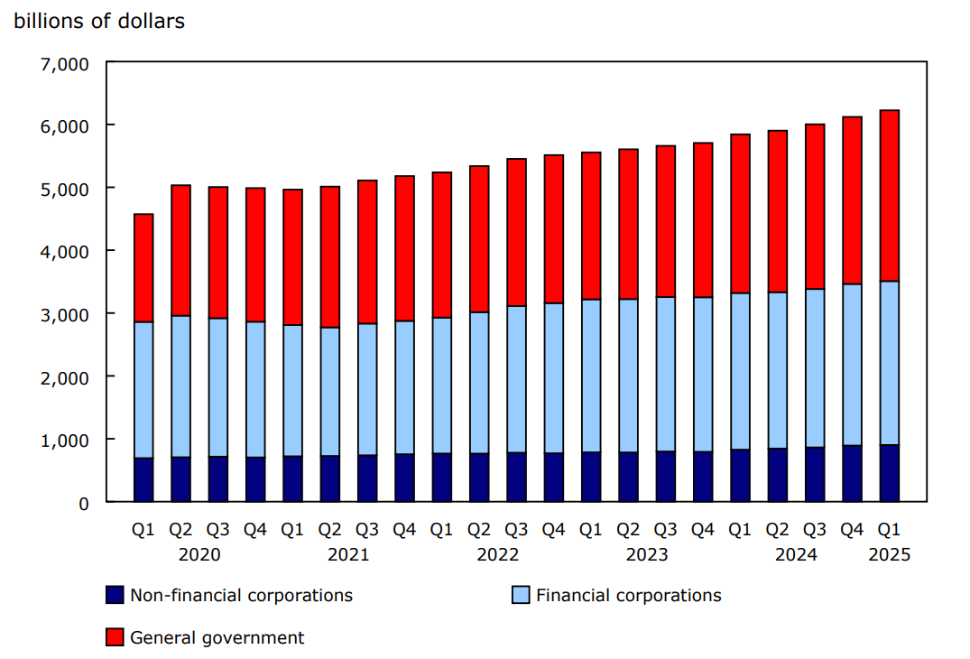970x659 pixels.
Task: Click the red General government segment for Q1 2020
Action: [x=143, y=268]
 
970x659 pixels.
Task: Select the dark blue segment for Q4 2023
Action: [x=703, y=476]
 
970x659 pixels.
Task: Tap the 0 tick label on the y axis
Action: [x=84, y=503]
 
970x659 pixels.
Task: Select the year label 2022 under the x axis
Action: [x=498, y=554]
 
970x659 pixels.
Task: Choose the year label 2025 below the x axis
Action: [x=889, y=554]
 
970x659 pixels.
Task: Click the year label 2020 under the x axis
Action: [x=199, y=554]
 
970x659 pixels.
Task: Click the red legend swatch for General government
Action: [x=115, y=638]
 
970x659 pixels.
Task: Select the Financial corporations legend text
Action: [x=628, y=596]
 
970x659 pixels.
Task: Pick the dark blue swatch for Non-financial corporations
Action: [x=115, y=596]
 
